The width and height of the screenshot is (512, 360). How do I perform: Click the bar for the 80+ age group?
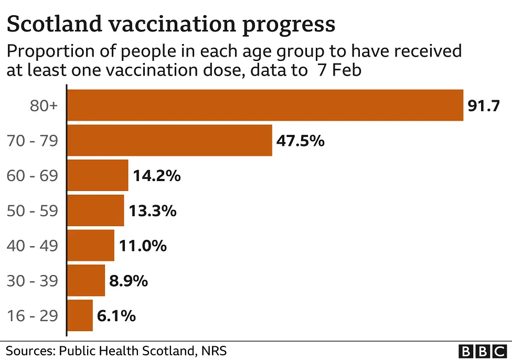click(265, 105)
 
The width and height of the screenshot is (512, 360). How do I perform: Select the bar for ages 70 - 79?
click(170, 140)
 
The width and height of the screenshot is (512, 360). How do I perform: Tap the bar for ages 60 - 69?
click(98, 175)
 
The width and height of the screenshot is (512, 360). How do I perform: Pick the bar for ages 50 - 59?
click(96, 210)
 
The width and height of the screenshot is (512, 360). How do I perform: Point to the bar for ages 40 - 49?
click(91, 245)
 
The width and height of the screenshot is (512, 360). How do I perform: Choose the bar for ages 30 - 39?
click(87, 280)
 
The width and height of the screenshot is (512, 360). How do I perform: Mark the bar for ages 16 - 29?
click(80, 315)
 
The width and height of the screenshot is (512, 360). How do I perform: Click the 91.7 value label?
click(483, 106)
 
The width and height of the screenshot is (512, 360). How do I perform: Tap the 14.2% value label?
click(156, 176)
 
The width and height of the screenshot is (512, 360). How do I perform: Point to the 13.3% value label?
click(152, 211)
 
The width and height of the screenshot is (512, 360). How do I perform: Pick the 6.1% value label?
click(116, 316)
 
